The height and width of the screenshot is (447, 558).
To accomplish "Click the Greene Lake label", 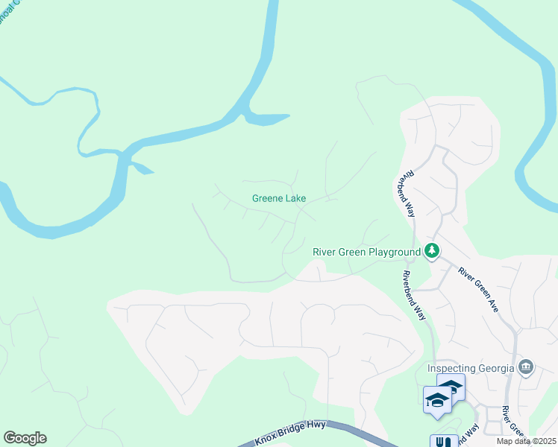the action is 279,199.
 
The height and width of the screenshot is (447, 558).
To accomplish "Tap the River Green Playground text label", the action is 366,252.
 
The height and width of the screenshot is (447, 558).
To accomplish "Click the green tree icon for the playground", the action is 431,251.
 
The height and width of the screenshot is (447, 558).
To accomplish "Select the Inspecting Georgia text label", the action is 471,368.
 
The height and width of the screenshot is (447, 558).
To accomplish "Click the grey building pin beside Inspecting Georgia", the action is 526,366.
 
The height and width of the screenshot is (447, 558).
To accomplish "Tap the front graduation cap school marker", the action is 436,401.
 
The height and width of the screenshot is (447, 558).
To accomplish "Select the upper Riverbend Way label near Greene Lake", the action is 405,195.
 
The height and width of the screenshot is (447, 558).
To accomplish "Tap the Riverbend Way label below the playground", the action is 415,294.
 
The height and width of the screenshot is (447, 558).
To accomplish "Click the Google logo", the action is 25,438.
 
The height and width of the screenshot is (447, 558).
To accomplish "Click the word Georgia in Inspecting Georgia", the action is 495,368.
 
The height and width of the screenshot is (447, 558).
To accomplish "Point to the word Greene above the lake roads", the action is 266,199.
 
